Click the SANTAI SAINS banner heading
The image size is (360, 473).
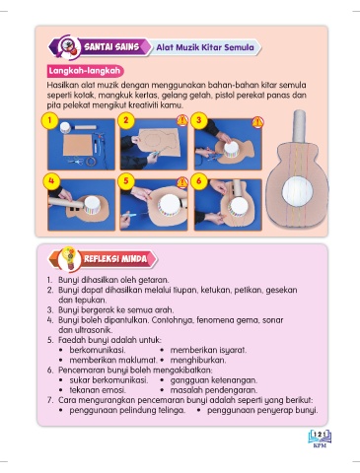pyautogui.click(x=111, y=47)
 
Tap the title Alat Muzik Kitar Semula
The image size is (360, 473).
pyautogui.click(x=205, y=47)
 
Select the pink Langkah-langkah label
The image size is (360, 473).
pyautogui.click(x=85, y=71)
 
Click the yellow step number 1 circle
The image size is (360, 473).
pyautogui.click(x=49, y=120)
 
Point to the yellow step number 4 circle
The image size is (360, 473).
pyautogui.click(x=51, y=181)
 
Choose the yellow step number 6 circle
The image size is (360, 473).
pyautogui.click(x=198, y=181)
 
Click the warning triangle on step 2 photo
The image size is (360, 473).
pyautogui.click(x=182, y=120)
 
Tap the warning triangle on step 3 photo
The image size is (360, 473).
pyautogui.click(x=257, y=121)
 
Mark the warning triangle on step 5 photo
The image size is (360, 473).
pyautogui.click(x=182, y=182)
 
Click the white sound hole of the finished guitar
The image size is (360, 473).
pyautogui.click(x=297, y=191)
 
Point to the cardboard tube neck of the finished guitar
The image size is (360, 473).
pyautogui.click(x=299, y=126)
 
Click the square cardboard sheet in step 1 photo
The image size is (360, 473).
pyautogui.click(x=78, y=146)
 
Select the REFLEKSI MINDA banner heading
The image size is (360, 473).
pyautogui.click(x=115, y=259)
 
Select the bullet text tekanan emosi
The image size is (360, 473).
pyautogui.click(x=98, y=390)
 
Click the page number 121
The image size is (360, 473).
pyautogui.click(x=320, y=435)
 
